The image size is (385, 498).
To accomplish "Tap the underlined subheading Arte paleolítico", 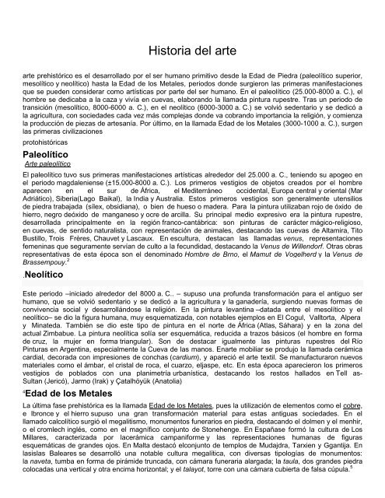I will (x=49, y=167).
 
